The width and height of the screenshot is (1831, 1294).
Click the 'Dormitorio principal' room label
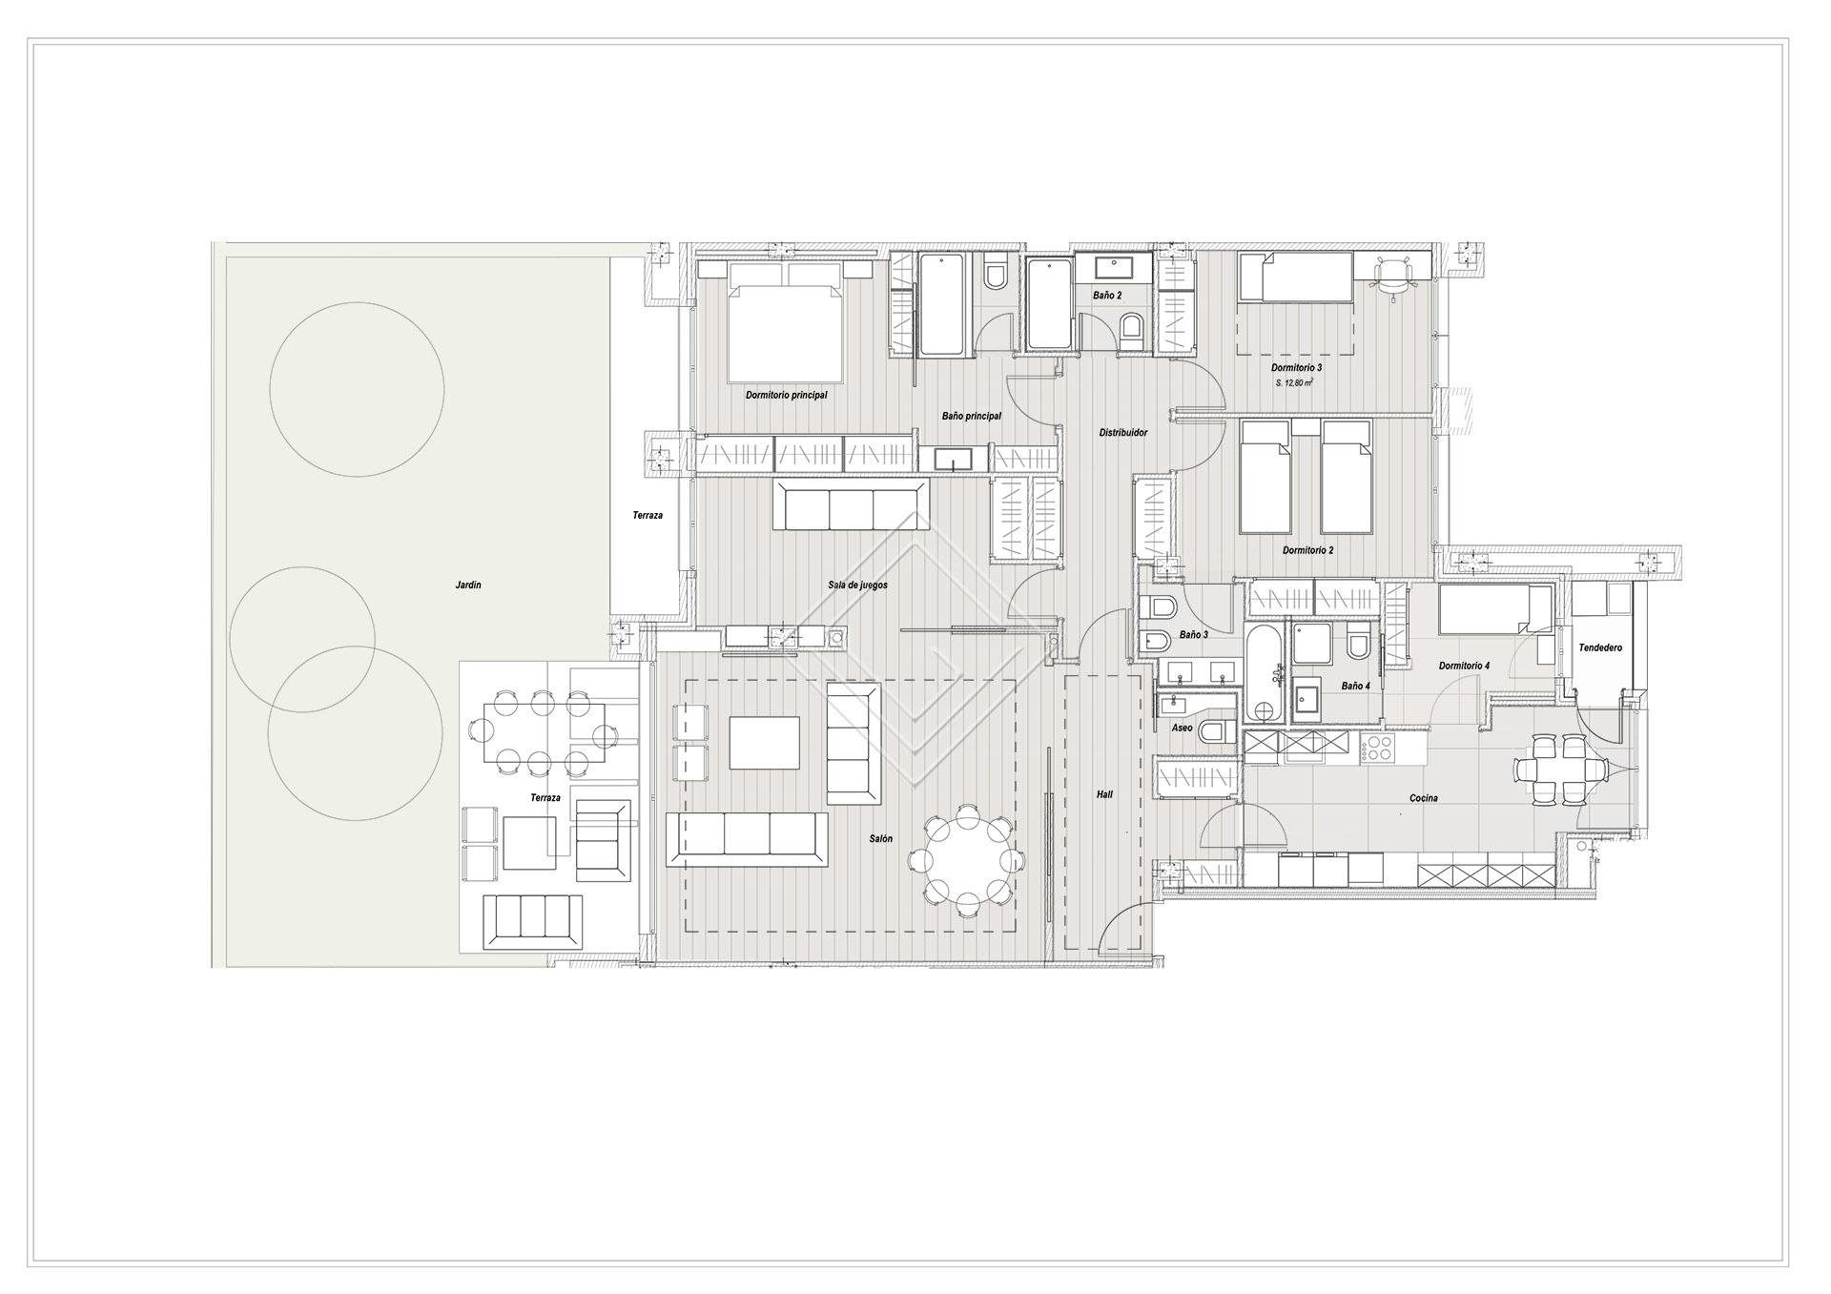[786, 395]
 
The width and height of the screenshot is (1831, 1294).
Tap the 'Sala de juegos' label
[857, 585]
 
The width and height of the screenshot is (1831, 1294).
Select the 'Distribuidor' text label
[1123, 433]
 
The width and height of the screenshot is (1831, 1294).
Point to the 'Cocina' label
[1424, 798]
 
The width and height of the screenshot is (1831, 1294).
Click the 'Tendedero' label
[1600, 648]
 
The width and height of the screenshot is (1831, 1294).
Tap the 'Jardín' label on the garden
[468, 585]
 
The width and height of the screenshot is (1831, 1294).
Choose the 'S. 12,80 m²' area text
[1294, 382]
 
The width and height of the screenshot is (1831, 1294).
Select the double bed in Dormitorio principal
[786, 321]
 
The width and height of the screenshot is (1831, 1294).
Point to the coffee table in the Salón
[765, 743]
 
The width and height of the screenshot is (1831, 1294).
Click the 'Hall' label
[1104, 794]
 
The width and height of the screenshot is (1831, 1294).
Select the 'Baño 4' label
[1355, 686]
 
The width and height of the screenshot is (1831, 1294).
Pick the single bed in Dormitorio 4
[1494, 608]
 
